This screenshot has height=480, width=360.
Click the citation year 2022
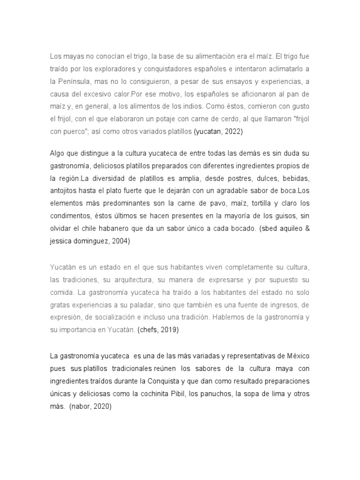pos(233,132)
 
